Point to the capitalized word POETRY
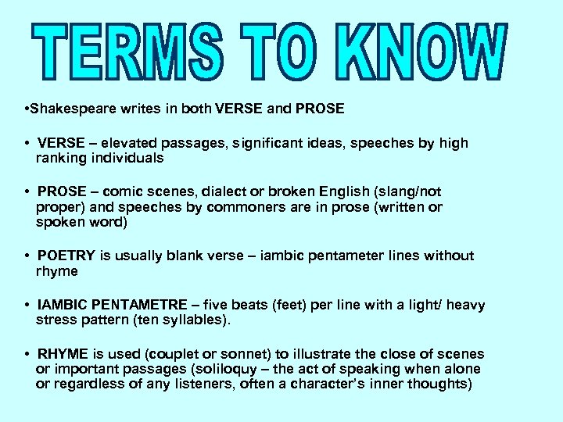coord(66,256)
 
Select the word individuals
coord(124,158)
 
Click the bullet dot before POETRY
coord(27,256)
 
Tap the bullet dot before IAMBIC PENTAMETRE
coord(27,305)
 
